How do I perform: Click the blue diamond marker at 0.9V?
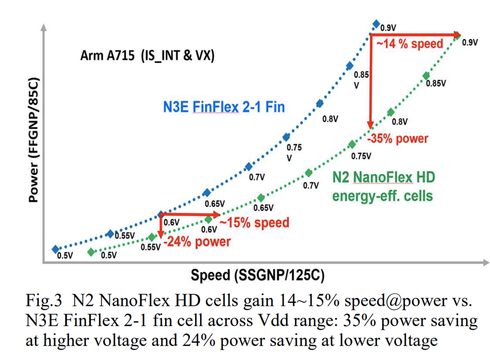click(x=376, y=24)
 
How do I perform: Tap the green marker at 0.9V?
click(x=458, y=34)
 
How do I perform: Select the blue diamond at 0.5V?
click(x=55, y=249)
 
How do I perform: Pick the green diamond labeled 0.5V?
click(x=91, y=251)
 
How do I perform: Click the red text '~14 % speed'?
click(x=409, y=44)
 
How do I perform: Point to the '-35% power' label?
click(x=398, y=139)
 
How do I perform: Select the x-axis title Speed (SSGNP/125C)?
click(x=257, y=276)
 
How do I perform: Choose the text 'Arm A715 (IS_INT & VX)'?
click(x=148, y=56)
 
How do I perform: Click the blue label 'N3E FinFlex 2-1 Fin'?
click(x=224, y=107)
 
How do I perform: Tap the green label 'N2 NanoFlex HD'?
click(x=383, y=177)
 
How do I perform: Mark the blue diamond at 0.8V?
click(x=319, y=104)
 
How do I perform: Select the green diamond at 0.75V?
click(x=352, y=145)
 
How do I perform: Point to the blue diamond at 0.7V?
click(x=248, y=167)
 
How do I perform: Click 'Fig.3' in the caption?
click(x=43, y=302)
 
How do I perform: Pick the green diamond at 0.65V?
click(x=261, y=198)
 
